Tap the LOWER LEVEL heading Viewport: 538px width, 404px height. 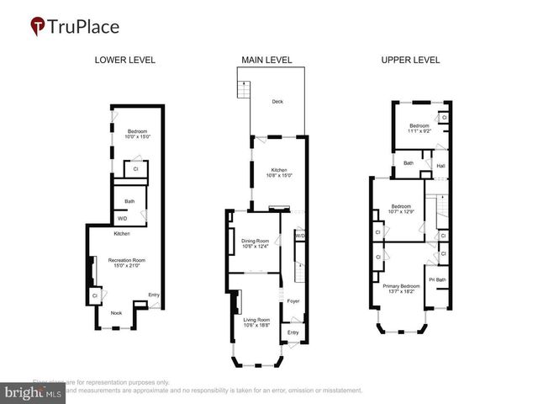(x=125, y=60)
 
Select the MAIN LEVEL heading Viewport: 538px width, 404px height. (x=266, y=60)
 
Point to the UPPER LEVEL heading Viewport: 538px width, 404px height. (x=411, y=60)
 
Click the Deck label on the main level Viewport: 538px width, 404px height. (x=277, y=102)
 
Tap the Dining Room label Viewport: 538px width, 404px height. (x=255, y=244)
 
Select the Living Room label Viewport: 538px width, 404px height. (x=256, y=323)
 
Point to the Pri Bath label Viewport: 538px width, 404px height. (x=437, y=279)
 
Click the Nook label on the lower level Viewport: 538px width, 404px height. (x=116, y=312)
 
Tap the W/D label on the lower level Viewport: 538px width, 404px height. (x=122, y=219)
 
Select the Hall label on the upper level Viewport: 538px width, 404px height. (x=440, y=166)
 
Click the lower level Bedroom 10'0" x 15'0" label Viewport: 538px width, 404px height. (x=136, y=134)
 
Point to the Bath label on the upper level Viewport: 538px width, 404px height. (x=409, y=163)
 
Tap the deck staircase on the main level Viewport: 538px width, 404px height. (x=244, y=92)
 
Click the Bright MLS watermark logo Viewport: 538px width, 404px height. (x=34, y=392)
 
